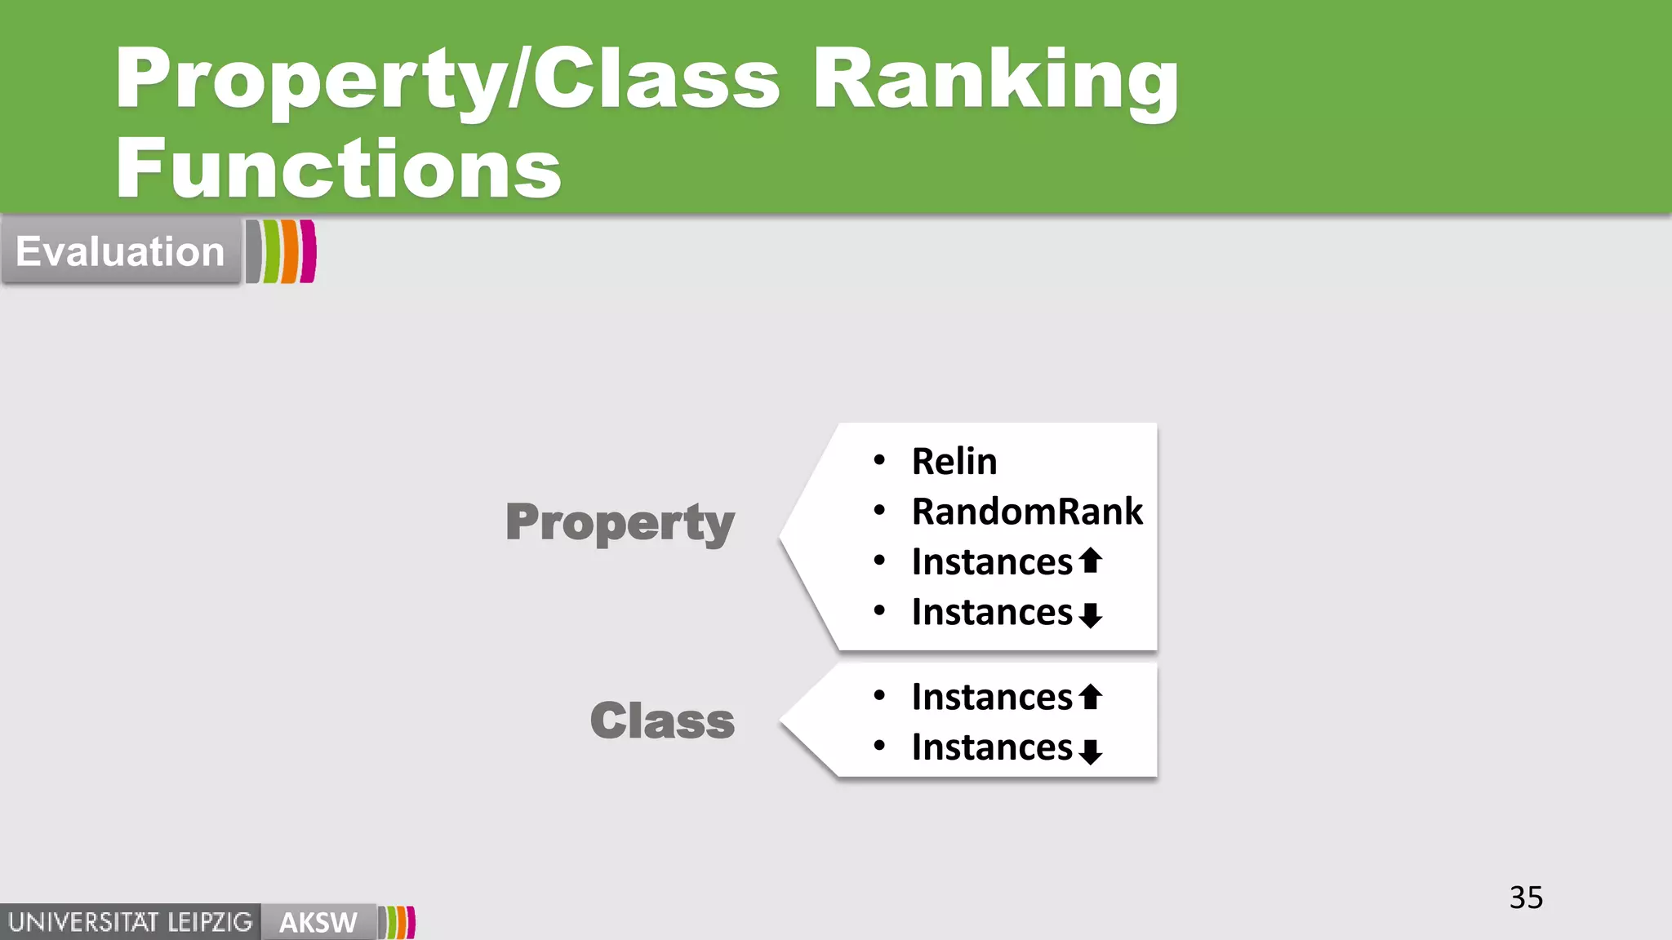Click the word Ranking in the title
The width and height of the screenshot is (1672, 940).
click(x=996, y=79)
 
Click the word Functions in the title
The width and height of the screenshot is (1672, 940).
click(x=338, y=169)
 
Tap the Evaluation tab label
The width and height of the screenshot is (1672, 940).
click(x=120, y=251)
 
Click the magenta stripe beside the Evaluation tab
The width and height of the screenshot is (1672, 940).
click(x=308, y=251)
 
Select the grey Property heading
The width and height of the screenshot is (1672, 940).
click(x=620, y=522)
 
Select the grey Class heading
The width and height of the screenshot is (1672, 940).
click(x=662, y=721)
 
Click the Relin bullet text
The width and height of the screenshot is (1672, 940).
click(x=954, y=462)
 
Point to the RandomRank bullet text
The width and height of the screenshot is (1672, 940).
click(x=1027, y=512)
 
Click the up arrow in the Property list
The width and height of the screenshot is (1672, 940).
click(x=1091, y=561)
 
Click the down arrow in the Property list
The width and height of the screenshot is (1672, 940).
click(x=1091, y=614)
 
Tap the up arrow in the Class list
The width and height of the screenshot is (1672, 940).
click(x=1091, y=696)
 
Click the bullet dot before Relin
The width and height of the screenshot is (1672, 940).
click(x=879, y=461)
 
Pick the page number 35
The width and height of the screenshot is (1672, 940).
click(x=1526, y=898)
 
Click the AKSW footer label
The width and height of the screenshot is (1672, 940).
click(x=318, y=923)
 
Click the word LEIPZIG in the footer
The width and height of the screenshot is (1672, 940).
click(x=210, y=923)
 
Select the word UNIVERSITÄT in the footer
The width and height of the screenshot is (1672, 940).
click(x=83, y=923)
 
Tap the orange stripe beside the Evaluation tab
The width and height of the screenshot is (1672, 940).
click(x=290, y=251)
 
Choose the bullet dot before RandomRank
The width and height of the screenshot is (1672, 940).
click(x=879, y=511)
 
